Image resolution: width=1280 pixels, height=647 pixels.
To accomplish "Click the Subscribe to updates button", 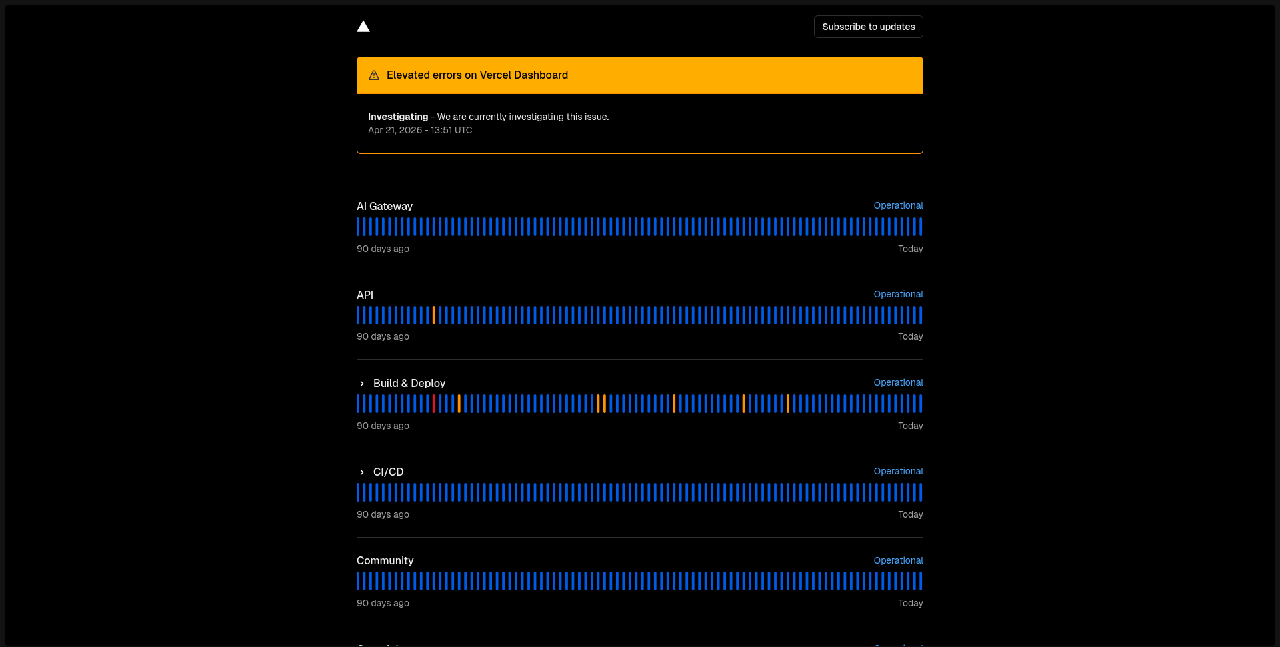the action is coord(868,27).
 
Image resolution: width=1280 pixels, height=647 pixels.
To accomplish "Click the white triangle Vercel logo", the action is coord(363,27).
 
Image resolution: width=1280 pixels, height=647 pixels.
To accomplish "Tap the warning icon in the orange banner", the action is coord(374,75).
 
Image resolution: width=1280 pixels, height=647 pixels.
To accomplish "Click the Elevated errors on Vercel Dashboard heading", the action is coord(477,75).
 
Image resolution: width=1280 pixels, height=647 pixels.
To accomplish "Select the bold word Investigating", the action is coord(398,117).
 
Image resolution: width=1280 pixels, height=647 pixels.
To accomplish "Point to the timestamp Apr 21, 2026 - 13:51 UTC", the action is coord(420,130).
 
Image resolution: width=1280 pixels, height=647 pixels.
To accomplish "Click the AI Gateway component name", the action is coord(385,206).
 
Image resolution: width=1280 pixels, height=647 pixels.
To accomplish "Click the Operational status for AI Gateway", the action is coord(898,205).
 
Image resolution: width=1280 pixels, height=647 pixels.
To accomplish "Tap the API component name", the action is coord(365,295).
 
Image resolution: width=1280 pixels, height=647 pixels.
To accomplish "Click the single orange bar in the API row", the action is coord(434,315).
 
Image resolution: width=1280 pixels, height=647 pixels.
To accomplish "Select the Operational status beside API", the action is coord(898,294).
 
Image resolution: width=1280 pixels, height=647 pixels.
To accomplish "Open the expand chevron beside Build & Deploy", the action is coord(362,384).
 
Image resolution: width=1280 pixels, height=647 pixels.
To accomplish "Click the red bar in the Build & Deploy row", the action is coord(434,404).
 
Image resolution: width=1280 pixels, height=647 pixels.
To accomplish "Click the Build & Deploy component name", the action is coord(409,383).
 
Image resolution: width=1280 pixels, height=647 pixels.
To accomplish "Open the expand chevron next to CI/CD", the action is coord(362,472).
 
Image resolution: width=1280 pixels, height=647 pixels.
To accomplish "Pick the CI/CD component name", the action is coord(388,472).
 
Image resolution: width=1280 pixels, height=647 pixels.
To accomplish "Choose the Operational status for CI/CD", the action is coord(898,471).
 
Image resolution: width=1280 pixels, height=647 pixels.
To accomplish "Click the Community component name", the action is coord(385,560).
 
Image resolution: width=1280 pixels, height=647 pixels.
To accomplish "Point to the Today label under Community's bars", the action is coord(910,603).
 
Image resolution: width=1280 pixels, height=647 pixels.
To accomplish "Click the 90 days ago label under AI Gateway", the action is coord(383,249).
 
